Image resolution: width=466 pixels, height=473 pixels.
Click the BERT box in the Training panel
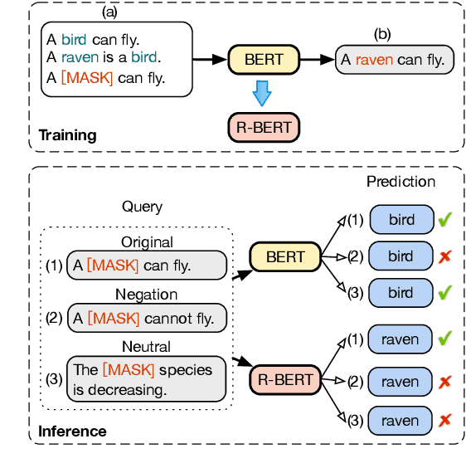click(263, 60)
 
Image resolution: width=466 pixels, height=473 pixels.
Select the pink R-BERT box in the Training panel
click(263, 128)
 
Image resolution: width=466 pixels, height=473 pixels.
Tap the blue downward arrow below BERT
click(262, 93)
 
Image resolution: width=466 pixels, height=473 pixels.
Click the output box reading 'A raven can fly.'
click(396, 60)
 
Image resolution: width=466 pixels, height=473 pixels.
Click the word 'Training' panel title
click(67, 135)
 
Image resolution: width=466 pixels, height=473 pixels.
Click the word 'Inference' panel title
click(72, 431)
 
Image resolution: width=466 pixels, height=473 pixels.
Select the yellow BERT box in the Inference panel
click(285, 257)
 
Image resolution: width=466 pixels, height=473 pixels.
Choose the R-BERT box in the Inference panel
click(285, 380)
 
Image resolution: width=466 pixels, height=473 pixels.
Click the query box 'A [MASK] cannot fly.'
click(145, 317)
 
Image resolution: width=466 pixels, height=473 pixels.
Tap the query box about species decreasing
click(145, 378)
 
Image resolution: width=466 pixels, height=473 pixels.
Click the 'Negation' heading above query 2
click(147, 294)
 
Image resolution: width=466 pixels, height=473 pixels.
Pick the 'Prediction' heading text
click(400, 181)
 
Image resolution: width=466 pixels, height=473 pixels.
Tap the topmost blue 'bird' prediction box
click(400, 219)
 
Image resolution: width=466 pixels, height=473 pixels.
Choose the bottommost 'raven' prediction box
click(400, 422)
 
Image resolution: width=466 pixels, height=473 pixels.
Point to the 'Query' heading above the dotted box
click(142, 207)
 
